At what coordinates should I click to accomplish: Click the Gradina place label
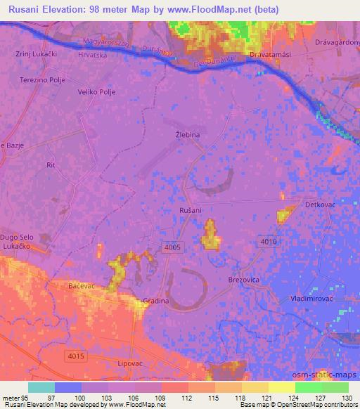(156, 301)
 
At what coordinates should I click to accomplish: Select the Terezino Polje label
(41, 80)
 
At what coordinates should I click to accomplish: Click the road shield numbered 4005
(171, 247)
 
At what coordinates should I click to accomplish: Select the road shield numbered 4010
(269, 242)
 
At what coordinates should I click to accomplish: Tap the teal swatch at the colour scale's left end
(41, 387)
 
